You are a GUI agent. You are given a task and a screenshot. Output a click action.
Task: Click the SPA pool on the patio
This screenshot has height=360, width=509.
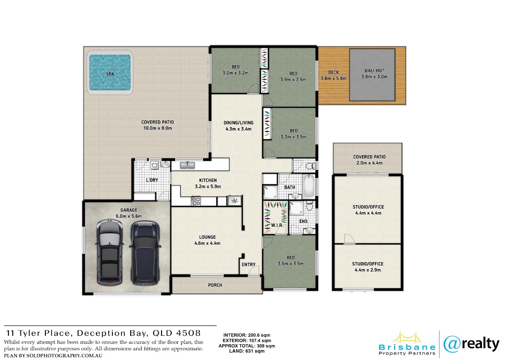[110, 72]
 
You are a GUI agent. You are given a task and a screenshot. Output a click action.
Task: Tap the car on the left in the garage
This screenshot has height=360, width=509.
[110, 252]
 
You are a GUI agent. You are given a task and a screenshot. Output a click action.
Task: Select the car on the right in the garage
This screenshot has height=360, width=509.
[145, 252]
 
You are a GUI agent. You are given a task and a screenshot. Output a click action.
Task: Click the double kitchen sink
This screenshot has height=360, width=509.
[187, 165]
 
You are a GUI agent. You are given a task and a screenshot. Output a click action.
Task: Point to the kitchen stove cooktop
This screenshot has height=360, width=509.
[196, 201]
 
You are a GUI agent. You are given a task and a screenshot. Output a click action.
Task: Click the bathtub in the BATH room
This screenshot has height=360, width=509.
[309, 186]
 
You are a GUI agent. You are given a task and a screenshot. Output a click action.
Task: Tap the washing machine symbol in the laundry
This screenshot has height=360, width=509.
[154, 165]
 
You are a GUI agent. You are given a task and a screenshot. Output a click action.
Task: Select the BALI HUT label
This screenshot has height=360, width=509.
[374, 71]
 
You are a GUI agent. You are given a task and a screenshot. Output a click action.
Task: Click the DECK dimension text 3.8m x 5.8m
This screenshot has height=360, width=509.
[333, 79]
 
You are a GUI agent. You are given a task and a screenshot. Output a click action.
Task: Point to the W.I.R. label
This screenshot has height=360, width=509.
[277, 225]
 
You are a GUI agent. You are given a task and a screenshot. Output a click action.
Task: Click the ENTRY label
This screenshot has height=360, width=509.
[249, 264]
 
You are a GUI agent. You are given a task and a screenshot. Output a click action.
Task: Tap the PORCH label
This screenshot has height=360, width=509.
[215, 285]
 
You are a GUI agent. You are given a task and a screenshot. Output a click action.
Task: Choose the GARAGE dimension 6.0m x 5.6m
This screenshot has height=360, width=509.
[129, 216]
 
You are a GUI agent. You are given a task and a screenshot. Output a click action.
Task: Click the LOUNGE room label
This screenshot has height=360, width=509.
[207, 237]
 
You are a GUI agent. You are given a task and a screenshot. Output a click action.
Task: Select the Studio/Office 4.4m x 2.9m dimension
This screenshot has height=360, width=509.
[368, 270]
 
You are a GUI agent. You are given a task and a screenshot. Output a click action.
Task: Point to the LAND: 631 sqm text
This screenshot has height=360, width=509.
[246, 351]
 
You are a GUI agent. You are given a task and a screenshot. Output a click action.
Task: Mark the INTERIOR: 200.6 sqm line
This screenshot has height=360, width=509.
[247, 335]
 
